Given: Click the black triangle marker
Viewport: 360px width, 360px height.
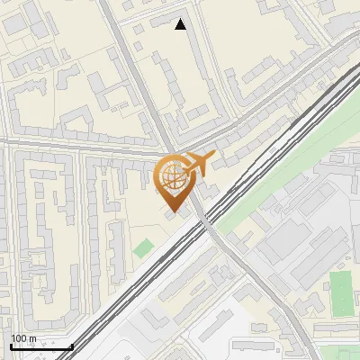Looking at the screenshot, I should (181, 24).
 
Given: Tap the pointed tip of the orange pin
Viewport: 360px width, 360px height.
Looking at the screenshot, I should (173, 211).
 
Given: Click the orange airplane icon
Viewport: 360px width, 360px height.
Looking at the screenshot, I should (199, 164).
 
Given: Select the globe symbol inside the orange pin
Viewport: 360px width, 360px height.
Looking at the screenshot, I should (173, 178).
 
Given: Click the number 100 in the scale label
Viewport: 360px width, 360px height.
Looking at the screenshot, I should (19, 338).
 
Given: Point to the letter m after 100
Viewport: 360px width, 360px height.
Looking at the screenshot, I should (32, 338).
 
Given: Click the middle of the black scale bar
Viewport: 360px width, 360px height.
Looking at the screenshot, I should (41, 346).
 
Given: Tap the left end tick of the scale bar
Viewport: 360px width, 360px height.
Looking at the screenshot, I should (11, 346).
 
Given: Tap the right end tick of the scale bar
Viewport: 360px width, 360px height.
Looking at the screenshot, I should (72, 346).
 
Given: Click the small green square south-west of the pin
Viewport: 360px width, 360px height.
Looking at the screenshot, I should (143, 247).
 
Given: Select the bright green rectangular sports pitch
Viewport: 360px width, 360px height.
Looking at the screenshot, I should (342, 292).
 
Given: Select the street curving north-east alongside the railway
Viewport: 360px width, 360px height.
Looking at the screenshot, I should (270, 99).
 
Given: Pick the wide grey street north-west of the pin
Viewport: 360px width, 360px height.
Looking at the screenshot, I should (135, 72).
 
